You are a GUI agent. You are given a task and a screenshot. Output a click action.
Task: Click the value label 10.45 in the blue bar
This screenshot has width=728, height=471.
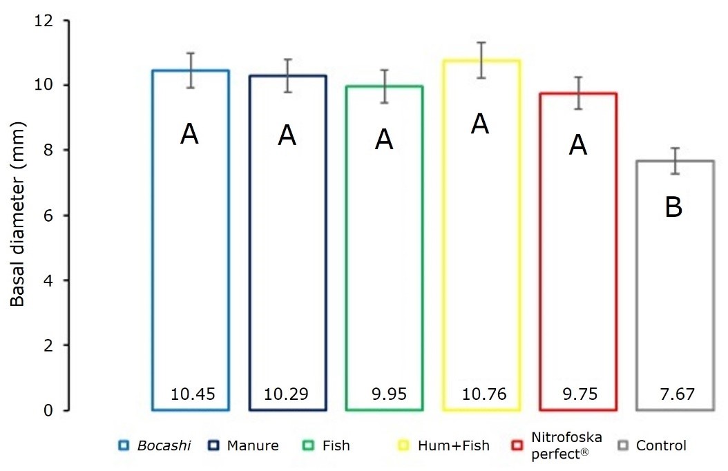point(193,394)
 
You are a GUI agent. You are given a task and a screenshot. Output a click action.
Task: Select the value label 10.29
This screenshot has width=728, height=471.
point(286,394)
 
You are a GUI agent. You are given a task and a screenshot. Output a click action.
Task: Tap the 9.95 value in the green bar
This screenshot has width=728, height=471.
point(385,394)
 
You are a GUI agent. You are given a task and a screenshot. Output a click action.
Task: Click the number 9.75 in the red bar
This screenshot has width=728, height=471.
point(578,394)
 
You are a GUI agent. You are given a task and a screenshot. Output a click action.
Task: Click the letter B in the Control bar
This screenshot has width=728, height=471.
point(674,207)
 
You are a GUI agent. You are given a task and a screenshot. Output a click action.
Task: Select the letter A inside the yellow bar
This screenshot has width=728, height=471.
point(481,124)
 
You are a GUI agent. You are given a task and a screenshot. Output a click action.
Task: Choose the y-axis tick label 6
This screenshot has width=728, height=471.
point(48,215)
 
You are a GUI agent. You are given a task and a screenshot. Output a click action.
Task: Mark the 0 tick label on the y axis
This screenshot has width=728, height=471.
point(48,411)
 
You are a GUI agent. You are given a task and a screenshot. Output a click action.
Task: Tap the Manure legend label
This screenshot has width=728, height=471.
point(252,446)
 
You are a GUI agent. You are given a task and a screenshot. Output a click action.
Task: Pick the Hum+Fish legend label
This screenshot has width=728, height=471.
point(453,446)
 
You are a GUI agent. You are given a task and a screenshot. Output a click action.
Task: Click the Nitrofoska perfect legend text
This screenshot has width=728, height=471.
point(567,446)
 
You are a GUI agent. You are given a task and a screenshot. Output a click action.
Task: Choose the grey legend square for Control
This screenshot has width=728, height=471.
point(622,446)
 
